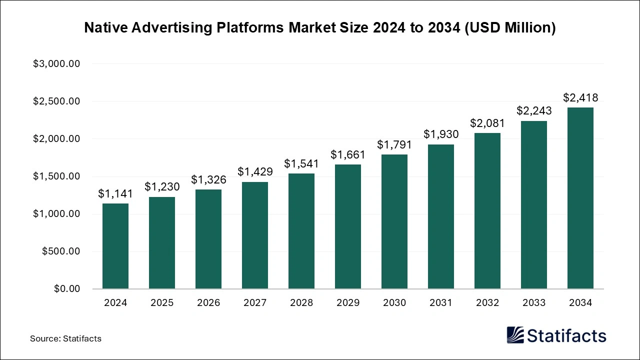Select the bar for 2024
(x=115, y=246)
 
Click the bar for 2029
(x=348, y=226)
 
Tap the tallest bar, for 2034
(x=580, y=198)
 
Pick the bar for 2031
(x=441, y=216)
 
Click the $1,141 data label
(x=115, y=193)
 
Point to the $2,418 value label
(x=580, y=97)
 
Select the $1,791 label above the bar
(x=394, y=145)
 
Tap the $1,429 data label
(x=255, y=172)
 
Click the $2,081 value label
(x=487, y=123)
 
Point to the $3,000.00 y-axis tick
(x=56, y=64)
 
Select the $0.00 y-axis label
(x=66, y=289)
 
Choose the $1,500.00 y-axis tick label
(x=56, y=176)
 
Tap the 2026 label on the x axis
(x=208, y=303)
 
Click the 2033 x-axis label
(x=534, y=303)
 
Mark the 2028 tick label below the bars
(x=301, y=303)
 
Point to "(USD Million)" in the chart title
(x=510, y=28)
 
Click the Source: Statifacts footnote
(x=65, y=338)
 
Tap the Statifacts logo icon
(x=515, y=335)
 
